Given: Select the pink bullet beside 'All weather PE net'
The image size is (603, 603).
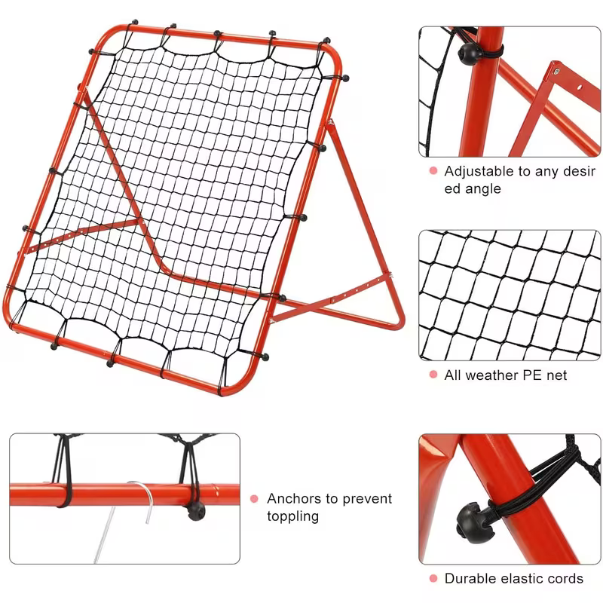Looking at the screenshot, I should click(433, 375).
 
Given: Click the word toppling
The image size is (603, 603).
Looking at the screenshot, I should click(293, 516).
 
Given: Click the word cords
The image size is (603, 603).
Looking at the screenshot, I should click(564, 578).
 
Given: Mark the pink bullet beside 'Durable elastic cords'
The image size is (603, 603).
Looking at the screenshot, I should click(433, 578).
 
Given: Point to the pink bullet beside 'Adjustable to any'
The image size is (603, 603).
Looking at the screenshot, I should click(433, 171).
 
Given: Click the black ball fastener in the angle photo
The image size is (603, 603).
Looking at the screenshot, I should click(472, 53).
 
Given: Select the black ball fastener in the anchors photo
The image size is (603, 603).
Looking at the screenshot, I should click(195, 510).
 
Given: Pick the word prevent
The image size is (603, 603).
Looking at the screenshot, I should click(366, 498).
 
